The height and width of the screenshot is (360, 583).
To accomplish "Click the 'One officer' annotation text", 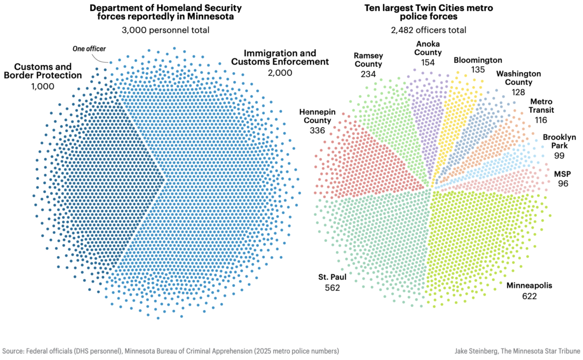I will point(89,49).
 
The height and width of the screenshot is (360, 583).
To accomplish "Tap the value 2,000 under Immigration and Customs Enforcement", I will point(280,72).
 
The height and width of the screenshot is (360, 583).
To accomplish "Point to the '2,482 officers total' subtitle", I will point(429,30).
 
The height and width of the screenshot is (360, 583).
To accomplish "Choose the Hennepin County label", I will point(317,116).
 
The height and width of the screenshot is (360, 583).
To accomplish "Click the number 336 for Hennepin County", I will point(317,131).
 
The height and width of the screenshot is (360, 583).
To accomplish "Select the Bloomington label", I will point(478,60).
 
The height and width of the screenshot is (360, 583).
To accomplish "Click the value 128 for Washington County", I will point(519,92).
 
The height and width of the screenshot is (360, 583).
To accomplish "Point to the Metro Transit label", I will point(542,106).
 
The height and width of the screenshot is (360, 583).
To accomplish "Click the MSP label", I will point(562,174).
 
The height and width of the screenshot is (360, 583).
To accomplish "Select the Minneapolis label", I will point(529,286).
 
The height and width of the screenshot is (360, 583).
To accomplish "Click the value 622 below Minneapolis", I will point(529,296).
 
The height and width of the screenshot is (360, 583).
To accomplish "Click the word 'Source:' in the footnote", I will point(14,350).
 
